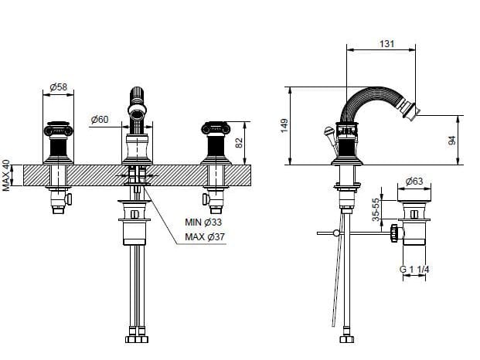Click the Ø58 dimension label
click(58, 87)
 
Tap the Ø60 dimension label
click(100, 119)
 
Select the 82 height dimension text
click(239, 142)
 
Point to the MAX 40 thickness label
click(6, 175)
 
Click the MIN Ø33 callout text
click(203, 222)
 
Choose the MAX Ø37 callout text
click(205, 236)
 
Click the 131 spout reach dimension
click(387, 44)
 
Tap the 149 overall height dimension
click(284, 126)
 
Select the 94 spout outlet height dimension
click(452, 141)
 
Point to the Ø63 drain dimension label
click(414, 182)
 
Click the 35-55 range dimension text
click(376, 209)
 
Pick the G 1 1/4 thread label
click(414, 270)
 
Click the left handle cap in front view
click(59, 128)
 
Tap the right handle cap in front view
click(216, 128)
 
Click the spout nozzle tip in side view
click(412, 110)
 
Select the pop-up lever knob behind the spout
click(328, 131)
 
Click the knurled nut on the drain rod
click(394, 233)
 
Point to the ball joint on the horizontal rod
click(336, 233)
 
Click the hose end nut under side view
click(347, 339)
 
